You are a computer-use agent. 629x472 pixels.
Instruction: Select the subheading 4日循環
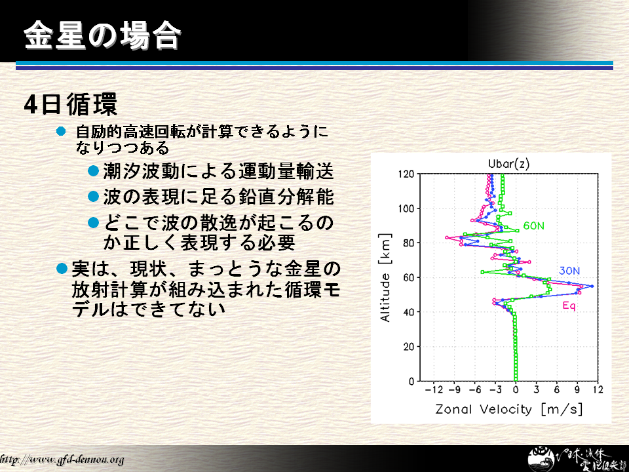coord(71,104)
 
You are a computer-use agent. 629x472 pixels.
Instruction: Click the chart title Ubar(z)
coord(508,164)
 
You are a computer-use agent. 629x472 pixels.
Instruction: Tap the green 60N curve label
coord(533,226)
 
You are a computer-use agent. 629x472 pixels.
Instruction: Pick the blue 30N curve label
coord(569,271)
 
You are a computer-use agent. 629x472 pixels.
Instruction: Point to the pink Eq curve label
coord(569,306)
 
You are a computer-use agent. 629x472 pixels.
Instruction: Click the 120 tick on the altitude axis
coord(406,174)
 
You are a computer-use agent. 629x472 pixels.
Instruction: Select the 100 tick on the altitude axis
coord(406,208)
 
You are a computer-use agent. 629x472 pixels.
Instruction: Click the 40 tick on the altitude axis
coord(409,312)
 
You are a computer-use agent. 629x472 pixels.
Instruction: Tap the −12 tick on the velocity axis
coord(434,389)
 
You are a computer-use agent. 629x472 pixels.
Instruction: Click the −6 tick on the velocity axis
coord(475,389)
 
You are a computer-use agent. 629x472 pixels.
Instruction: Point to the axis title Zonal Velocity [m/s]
coord(508,409)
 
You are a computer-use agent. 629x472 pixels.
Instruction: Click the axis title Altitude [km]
coord(385,278)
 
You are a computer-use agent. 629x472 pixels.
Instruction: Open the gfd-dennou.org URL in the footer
coord(62,460)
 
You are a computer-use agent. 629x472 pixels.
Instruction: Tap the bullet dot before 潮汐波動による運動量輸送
coord(94,171)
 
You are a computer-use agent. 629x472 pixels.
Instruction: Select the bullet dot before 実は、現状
coord(62,268)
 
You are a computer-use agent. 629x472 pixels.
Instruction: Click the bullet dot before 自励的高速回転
coord(61,131)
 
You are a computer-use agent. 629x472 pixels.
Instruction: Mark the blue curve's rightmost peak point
coord(592,286)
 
